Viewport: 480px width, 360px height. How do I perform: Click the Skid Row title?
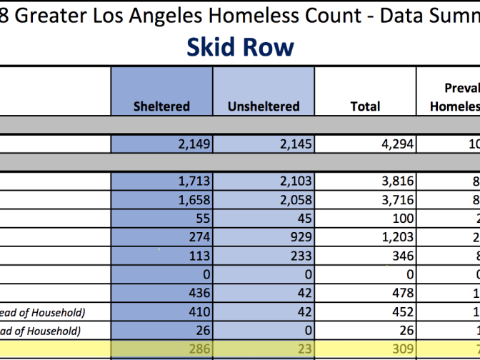(240, 47)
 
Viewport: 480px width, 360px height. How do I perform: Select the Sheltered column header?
(161, 106)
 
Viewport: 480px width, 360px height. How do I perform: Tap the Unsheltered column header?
(264, 106)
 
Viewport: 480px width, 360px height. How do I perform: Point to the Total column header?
(365, 106)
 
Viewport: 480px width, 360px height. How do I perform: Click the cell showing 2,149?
(161, 144)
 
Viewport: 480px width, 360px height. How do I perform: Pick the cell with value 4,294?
(365, 144)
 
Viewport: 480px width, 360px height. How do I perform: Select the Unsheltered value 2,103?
(264, 181)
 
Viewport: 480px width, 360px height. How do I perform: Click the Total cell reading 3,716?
(365, 200)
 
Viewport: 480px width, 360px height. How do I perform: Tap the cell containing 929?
(264, 237)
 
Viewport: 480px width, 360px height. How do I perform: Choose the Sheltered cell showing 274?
(161, 237)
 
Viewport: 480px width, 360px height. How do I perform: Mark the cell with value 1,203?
(365, 237)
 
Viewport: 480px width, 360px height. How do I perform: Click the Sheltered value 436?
(161, 293)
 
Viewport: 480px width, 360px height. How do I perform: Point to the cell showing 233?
(264, 256)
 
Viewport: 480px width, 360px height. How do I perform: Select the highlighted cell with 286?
(161, 349)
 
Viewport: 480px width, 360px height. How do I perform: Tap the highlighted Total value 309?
(365, 349)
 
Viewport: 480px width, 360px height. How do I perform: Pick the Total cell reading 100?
(365, 219)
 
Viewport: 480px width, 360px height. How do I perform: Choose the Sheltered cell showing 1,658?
(161, 200)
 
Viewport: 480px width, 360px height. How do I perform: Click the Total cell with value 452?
(365, 311)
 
